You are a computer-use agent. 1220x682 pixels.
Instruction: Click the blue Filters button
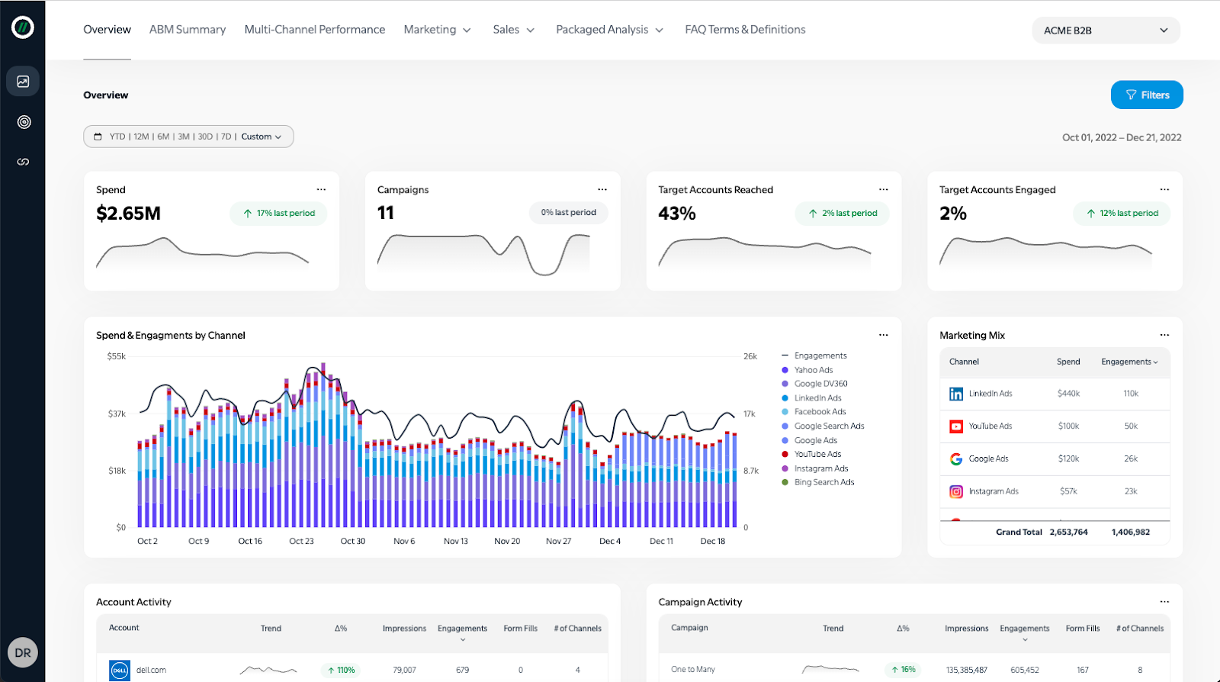(x=1146, y=95)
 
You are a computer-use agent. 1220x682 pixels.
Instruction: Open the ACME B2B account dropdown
(x=1105, y=31)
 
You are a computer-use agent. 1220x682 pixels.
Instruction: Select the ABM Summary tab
(x=188, y=30)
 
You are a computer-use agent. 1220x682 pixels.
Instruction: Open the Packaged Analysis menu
(x=609, y=30)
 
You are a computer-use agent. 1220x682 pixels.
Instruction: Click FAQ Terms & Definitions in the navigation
(x=745, y=30)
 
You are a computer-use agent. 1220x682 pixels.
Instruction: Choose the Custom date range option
(x=261, y=137)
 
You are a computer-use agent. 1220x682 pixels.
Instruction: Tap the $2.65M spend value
(x=128, y=214)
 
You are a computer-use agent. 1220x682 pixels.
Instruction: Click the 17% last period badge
(x=278, y=214)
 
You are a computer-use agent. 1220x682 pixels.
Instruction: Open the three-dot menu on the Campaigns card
(x=602, y=189)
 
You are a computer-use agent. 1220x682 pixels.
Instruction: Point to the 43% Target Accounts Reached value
(x=677, y=214)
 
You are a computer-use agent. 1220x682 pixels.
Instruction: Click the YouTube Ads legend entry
(x=817, y=454)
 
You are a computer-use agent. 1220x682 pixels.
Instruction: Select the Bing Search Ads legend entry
(x=823, y=482)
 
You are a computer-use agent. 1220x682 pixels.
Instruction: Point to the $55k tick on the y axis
(x=117, y=356)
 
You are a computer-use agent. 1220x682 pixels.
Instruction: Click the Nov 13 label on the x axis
(x=456, y=541)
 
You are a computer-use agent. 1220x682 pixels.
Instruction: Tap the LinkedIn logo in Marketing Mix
(x=956, y=394)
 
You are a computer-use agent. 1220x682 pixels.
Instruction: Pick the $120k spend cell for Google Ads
(x=1068, y=458)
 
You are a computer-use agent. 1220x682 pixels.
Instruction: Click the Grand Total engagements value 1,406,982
(x=1130, y=532)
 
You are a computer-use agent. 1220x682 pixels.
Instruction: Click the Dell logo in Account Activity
(x=120, y=670)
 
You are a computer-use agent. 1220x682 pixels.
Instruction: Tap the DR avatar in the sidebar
(x=23, y=652)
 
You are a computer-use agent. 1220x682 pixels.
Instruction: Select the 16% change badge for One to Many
(x=903, y=669)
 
